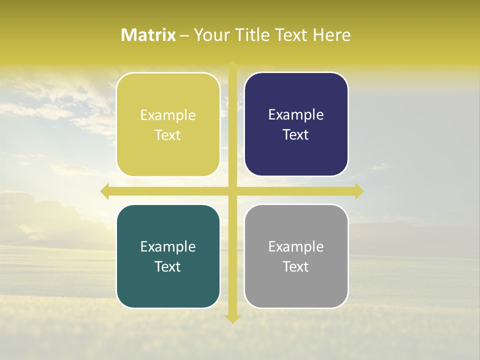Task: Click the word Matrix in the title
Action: pos(148,35)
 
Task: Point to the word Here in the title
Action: pos(332,35)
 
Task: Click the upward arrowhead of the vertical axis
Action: pos(232,65)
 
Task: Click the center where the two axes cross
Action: pos(232,191)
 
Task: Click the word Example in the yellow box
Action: pos(168,115)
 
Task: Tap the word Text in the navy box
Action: pos(296,135)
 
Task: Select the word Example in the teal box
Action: pos(168,247)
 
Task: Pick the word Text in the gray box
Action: pos(296,266)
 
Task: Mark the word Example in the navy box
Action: pos(296,115)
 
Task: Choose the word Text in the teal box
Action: pos(168,266)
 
